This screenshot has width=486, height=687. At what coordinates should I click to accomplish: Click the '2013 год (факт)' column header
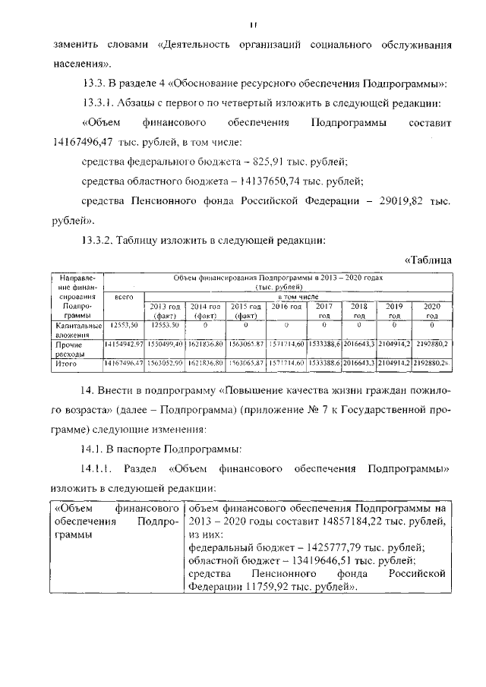coord(165,310)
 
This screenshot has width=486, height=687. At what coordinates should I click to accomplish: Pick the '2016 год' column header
coord(287,306)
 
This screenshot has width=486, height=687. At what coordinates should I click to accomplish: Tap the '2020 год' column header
coord(432,310)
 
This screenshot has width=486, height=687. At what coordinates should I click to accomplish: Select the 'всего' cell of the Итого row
coord(124,364)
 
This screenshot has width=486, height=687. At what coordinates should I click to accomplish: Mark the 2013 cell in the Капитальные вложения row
coord(165,325)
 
